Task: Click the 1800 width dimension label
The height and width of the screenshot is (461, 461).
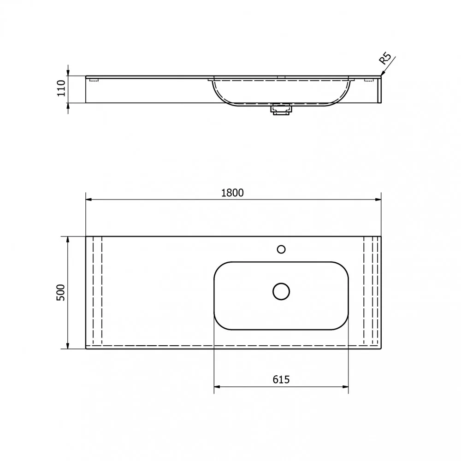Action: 232,193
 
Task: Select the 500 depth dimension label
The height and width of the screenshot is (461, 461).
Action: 60,292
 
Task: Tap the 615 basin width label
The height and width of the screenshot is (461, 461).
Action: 281,379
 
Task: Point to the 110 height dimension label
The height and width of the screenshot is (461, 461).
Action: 61,88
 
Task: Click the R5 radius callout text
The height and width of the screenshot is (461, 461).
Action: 385,59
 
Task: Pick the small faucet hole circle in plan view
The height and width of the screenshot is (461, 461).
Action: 281,249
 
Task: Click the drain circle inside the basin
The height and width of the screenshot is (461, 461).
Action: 281,291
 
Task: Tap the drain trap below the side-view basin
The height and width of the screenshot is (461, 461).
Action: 282,109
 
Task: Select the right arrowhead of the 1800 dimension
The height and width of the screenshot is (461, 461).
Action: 378,199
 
